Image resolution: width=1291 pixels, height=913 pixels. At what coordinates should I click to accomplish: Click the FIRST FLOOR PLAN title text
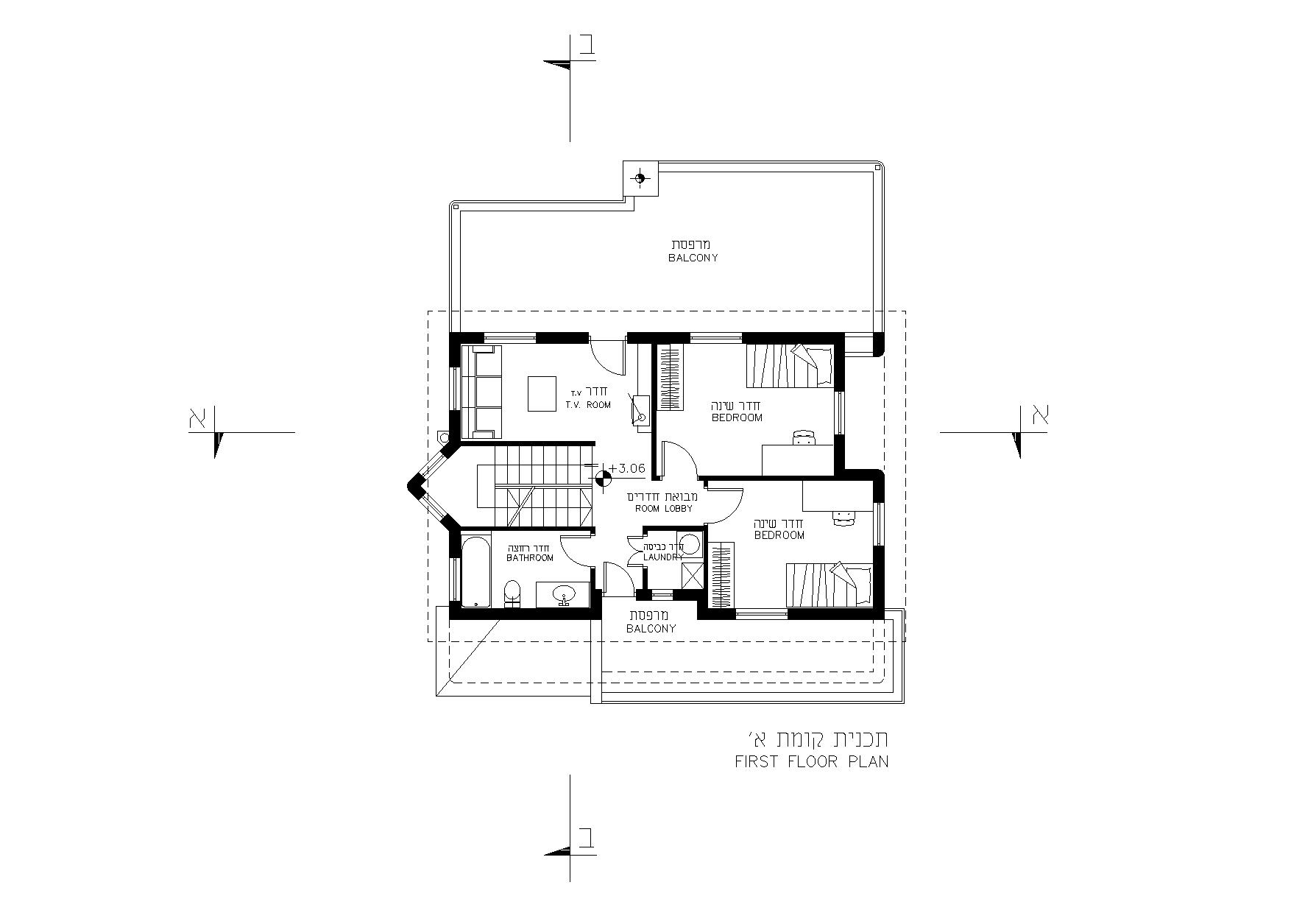[x=811, y=761]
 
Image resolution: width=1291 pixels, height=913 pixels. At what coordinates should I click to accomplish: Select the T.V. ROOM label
[x=588, y=405]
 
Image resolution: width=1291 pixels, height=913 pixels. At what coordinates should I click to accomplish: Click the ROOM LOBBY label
[x=663, y=509]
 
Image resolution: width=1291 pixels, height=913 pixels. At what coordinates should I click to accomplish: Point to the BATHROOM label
[x=530, y=558]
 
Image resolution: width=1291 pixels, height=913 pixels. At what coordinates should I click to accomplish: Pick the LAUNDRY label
[x=663, y=557]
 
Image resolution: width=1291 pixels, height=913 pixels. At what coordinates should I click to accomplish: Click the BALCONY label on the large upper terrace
[x=693, y=258]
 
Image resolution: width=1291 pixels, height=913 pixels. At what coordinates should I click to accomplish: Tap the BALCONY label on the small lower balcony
[x=651, y=629]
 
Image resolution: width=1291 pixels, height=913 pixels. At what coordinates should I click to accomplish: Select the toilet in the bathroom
[x=512, y=593]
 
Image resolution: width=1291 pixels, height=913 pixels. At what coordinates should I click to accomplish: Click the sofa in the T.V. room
[x=481, y=392]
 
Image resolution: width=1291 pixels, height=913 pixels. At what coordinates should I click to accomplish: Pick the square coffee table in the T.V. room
[x=542, y=393]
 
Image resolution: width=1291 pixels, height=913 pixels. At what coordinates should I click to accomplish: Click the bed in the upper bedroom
[x=790, y=366]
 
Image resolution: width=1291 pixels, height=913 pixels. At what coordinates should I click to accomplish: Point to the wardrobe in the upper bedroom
[x=670, y=378]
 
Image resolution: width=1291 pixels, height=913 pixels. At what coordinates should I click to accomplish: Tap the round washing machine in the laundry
[x=690, y=545]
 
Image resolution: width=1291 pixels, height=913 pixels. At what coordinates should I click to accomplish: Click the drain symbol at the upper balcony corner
[x=640, y=177]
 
